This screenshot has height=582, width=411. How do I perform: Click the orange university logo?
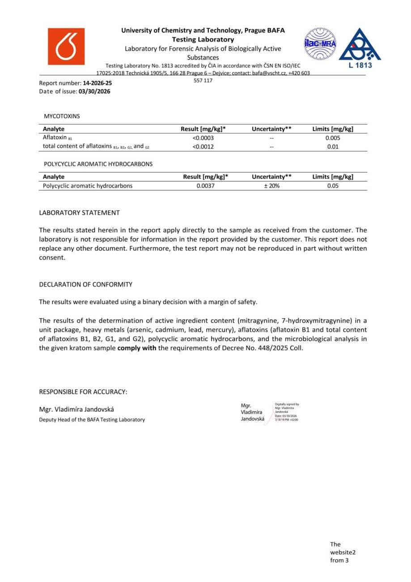(x=66, y=47)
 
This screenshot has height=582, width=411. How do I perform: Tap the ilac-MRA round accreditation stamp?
(x=320, y=44)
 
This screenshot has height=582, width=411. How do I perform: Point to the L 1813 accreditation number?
(x=360, y=65)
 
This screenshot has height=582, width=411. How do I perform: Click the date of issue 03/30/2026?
(x=94, y=91)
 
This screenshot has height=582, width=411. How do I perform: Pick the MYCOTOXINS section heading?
(x=62, y=116)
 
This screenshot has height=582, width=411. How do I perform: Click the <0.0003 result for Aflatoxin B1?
(x=203, y=138)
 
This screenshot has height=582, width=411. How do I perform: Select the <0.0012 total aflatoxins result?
(x=203, y=146)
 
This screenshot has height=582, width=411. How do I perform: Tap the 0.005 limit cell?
(x=333, y=138)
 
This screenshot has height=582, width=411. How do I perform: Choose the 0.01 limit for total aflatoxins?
(x=333, y=146)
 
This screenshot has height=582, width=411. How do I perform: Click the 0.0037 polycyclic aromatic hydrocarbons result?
(x=205, y=186)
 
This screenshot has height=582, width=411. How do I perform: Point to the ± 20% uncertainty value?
(x=271, y=186)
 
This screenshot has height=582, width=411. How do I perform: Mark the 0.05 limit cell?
(x=333, y=186)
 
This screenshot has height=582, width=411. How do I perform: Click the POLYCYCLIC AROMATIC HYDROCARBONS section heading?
(x=98, y=164)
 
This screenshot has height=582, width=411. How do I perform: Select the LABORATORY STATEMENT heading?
(x=79, y=213)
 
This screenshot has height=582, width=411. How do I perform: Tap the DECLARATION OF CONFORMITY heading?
(x=85, y=284)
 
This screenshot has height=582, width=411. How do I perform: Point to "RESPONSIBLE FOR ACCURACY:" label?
(x=83, y=392)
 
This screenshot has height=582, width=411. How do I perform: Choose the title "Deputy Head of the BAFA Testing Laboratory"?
(x=92, y=420)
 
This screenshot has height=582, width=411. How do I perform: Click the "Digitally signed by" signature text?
(x=287, y=404)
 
